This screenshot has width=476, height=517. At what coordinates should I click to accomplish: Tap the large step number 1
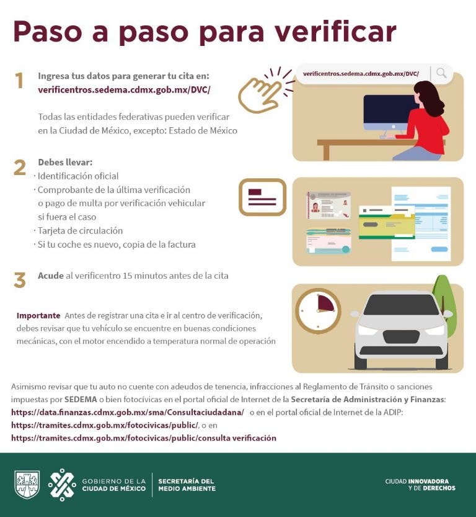click(19, 81)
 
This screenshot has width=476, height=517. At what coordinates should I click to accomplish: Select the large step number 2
click(20, 168)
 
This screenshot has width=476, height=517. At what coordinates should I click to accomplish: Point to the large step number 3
click(20, 281)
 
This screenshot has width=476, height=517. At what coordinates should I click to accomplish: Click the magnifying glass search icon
click(441, 73)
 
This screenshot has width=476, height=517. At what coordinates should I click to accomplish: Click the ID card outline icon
click(262, 197)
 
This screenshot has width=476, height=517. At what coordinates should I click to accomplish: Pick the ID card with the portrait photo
click(328, 205)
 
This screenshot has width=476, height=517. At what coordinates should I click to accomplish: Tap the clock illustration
click(318, 310)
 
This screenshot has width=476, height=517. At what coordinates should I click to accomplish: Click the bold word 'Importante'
click(38, 315)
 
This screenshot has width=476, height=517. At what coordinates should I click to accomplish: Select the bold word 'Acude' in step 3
click(50, 276)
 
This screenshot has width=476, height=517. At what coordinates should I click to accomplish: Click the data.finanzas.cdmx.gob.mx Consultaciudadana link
click(128, 412)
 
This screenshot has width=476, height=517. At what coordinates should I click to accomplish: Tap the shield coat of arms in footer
click(27, 485)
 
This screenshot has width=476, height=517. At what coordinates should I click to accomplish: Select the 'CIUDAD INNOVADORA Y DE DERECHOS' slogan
click(420, 484)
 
